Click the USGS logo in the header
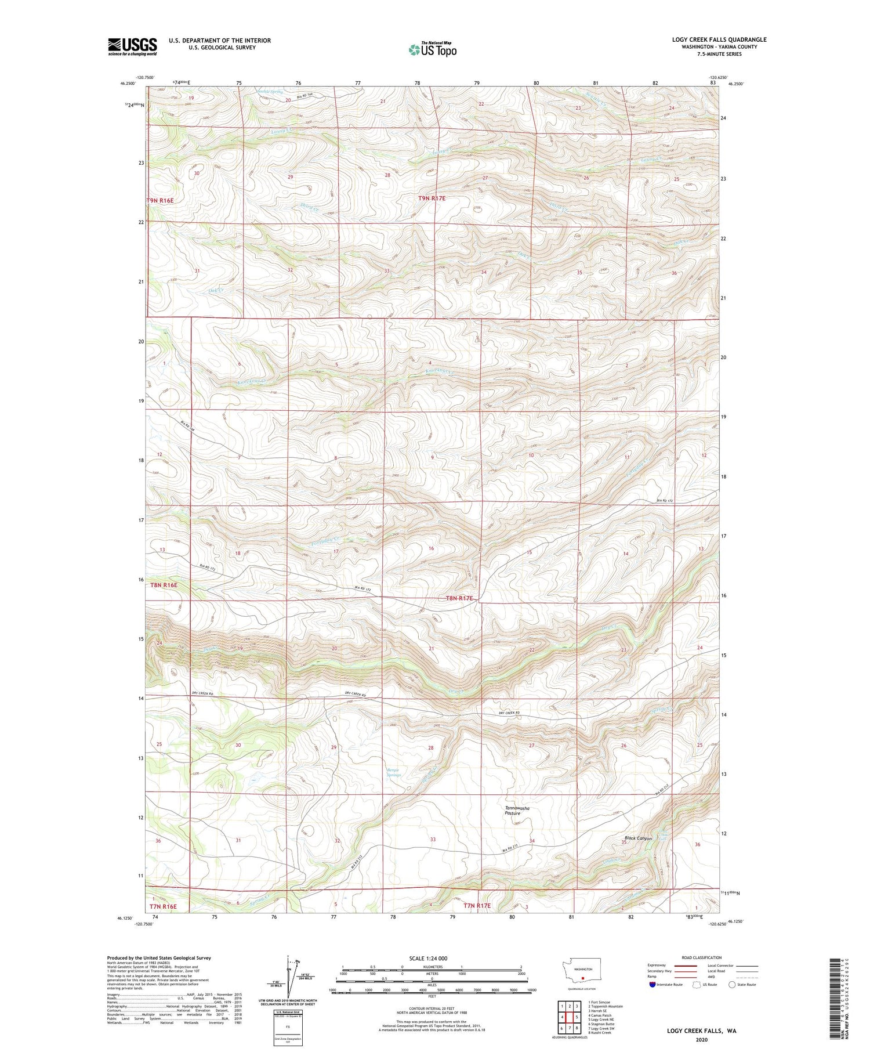[132, 46]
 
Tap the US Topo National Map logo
[432, 50]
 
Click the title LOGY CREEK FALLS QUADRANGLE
[719, 39]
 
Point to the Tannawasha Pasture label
[517, 811]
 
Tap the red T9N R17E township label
[436, 198]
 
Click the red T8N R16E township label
[164, 585]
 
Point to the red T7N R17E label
[477, 905]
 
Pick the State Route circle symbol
[732, 984]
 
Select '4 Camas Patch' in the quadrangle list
[599, 1015]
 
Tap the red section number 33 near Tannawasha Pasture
[433, 840]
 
